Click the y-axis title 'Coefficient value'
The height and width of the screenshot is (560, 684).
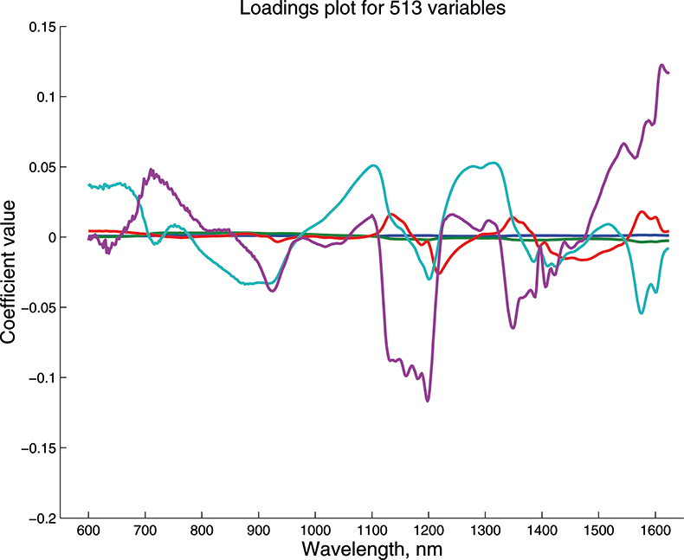click(10, 271)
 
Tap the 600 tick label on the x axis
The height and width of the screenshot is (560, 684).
click(88, 530)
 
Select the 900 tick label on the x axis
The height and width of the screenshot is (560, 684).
click(258, 530)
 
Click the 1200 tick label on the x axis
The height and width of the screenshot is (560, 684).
click(428, 530)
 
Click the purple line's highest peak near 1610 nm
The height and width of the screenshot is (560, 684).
click(661, 65)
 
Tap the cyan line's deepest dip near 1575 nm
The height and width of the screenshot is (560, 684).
click(642, 312)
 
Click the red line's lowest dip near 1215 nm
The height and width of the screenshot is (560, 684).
click(438, 274)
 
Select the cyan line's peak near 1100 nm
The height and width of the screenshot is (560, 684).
click(373, 165)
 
